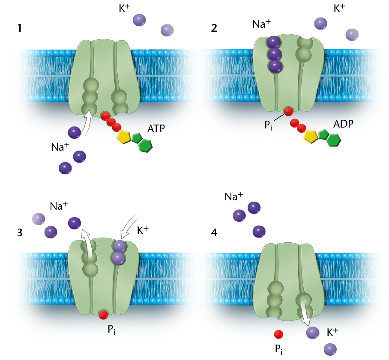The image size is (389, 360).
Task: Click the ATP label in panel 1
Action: [x=156, y=129]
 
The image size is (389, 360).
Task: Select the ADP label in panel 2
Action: [x=343, y=124]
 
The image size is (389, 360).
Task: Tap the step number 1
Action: [x=20, y=28]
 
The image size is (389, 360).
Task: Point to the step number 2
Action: [x=214, y=28]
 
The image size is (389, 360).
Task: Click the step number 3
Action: [x=20, y=232]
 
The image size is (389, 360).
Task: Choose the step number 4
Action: [x=214, y=232]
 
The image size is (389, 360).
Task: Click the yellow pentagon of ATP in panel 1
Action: [x=124, y=137]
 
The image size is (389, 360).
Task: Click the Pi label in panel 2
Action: [x=268, y=125]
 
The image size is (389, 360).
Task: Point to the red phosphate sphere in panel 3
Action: [x=103, y=315]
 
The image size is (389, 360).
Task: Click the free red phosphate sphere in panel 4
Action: [x=278, y=334]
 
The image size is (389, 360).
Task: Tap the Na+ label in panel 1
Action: [x=60, y=147]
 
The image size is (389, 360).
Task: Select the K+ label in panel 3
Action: [x=143, y=230]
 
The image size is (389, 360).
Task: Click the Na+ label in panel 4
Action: [x=233, y=196]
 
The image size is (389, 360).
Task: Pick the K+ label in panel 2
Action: [x=339, y=8]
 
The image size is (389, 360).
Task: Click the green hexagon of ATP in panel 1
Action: [x=145, y=145]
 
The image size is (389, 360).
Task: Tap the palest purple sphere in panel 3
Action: [x=39, y=219]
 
